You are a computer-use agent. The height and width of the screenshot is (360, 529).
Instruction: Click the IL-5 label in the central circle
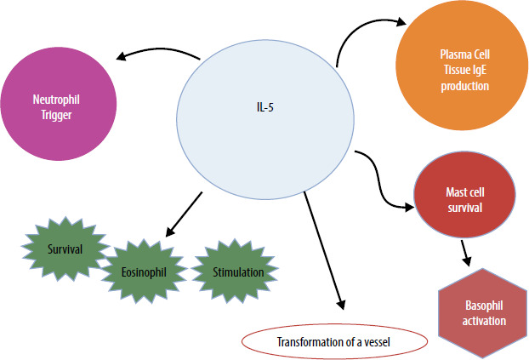click(267, 107)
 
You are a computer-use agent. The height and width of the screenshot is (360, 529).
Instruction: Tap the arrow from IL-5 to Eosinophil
click(185, 213)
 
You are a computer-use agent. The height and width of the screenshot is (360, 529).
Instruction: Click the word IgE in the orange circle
click(467, 71)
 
